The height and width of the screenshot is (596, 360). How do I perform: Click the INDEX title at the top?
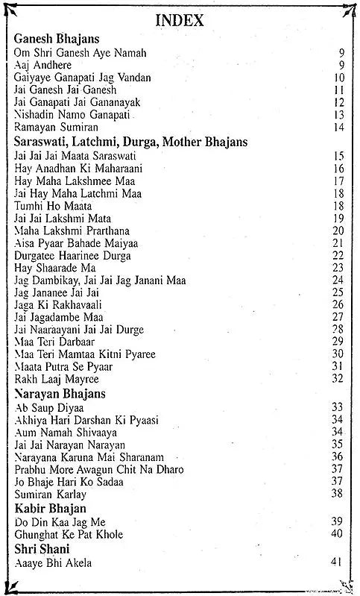pos(179,22)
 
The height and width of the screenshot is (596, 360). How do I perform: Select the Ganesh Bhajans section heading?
pos(57,38)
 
